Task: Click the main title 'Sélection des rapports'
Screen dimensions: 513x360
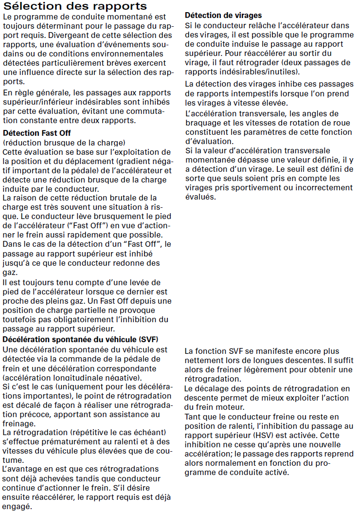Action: tap(75, 6)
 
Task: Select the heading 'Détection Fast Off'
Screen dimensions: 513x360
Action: tap(37, 133)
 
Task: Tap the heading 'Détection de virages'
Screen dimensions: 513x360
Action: tap(223, 16)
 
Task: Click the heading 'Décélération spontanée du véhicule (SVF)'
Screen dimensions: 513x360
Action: tap(81, 339)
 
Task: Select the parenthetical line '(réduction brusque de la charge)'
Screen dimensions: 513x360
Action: tap(64, 142)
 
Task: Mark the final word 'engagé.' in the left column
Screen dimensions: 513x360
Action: tap(17, 507)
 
